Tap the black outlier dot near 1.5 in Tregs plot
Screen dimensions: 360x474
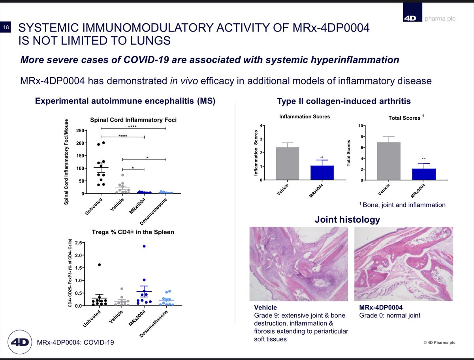pyautogui.click(x=100, y=264)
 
